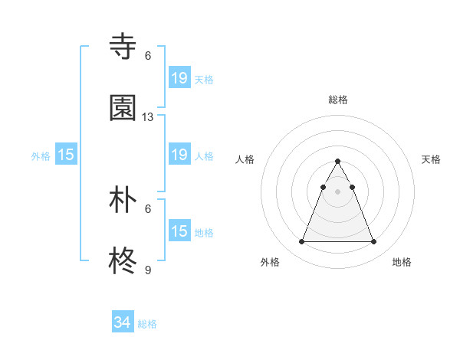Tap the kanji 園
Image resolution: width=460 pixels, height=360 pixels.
123,108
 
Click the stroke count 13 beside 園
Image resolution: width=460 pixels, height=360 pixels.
148,117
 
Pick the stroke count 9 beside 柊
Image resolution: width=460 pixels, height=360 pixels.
148,270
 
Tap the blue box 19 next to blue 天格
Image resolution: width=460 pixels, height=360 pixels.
179,77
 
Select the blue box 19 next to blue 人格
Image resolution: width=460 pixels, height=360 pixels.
179,155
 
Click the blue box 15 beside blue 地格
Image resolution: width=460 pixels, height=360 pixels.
179,231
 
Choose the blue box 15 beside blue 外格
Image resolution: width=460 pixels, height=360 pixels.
66,155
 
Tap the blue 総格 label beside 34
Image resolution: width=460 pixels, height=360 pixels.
147,324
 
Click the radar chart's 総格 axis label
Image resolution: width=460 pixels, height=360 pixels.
338,100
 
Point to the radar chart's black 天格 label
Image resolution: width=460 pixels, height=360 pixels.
432,159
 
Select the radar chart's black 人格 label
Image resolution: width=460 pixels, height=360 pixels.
245,159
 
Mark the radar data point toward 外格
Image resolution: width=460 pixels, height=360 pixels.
301,242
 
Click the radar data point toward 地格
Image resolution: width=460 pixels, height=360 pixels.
374,242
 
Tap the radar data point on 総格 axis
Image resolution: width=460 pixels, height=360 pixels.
338,161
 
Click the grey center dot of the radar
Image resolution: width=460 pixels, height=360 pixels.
338,191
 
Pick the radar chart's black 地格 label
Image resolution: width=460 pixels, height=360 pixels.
402,262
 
